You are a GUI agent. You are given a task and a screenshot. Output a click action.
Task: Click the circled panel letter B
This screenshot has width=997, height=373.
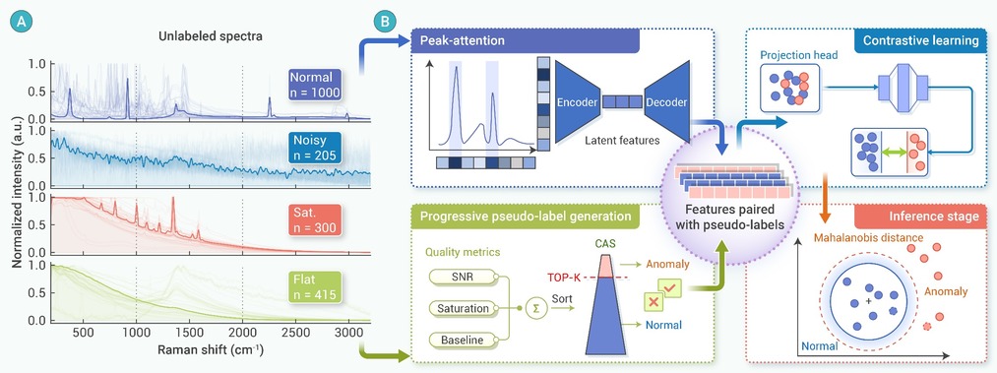[386, 23]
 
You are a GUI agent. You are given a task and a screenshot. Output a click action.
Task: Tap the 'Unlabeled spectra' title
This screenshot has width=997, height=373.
[210, 36]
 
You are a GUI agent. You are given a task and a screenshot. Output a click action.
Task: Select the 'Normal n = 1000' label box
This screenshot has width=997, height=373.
[315, 85]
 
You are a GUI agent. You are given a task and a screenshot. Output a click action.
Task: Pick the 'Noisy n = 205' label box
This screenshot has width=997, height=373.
[315, 148]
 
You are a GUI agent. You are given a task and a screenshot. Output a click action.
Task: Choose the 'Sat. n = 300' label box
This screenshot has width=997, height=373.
[315, 219]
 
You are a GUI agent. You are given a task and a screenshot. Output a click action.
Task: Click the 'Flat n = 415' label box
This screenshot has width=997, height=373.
[315, 286]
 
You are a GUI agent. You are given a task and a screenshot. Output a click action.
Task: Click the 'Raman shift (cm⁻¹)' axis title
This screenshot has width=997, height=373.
[211, 350]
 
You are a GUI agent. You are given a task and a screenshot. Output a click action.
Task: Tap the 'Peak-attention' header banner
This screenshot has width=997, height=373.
[526, 40]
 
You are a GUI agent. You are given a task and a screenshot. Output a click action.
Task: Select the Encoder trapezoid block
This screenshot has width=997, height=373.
[578, 101]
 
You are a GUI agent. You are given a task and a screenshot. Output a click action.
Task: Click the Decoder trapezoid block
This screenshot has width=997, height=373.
[667, 101]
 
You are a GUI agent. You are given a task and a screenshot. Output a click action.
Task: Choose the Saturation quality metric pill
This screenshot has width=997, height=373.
[464, 308]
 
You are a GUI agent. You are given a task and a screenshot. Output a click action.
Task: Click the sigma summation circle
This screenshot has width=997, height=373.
[535, 308]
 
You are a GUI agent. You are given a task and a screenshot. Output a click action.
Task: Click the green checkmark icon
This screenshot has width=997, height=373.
[671, 289]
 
